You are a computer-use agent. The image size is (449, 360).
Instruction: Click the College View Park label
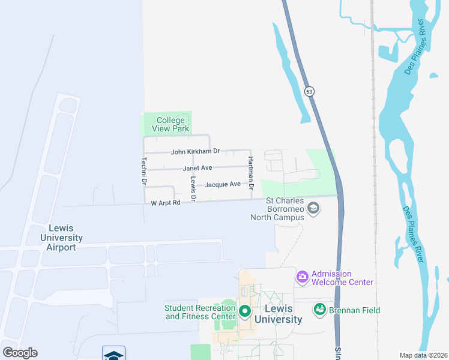(x=170, y=124)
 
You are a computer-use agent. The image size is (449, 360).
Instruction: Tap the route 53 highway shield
(x=309, y=92)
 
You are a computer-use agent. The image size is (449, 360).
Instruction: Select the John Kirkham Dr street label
(x=195, y=152)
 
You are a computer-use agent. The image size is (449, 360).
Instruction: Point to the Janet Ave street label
(x=197, y=169)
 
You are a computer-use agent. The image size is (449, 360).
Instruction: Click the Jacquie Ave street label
(x=222, y=185)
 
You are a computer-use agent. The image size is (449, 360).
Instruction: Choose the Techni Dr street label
(x=144, y=170)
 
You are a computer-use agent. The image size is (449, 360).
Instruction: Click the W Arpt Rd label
(x=166, y=203)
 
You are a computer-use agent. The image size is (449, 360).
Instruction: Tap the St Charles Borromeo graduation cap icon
(x=312, y=208)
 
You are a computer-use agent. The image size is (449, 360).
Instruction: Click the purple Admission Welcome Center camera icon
(x=302, y=277)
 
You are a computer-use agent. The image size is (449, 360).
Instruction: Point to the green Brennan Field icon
(x=319, y=310)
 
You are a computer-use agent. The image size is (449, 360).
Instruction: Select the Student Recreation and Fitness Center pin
(x=244, y=311)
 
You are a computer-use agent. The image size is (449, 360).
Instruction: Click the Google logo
(x=20, y=353)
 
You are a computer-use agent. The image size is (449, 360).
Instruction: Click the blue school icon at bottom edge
(x=113, y=355)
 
